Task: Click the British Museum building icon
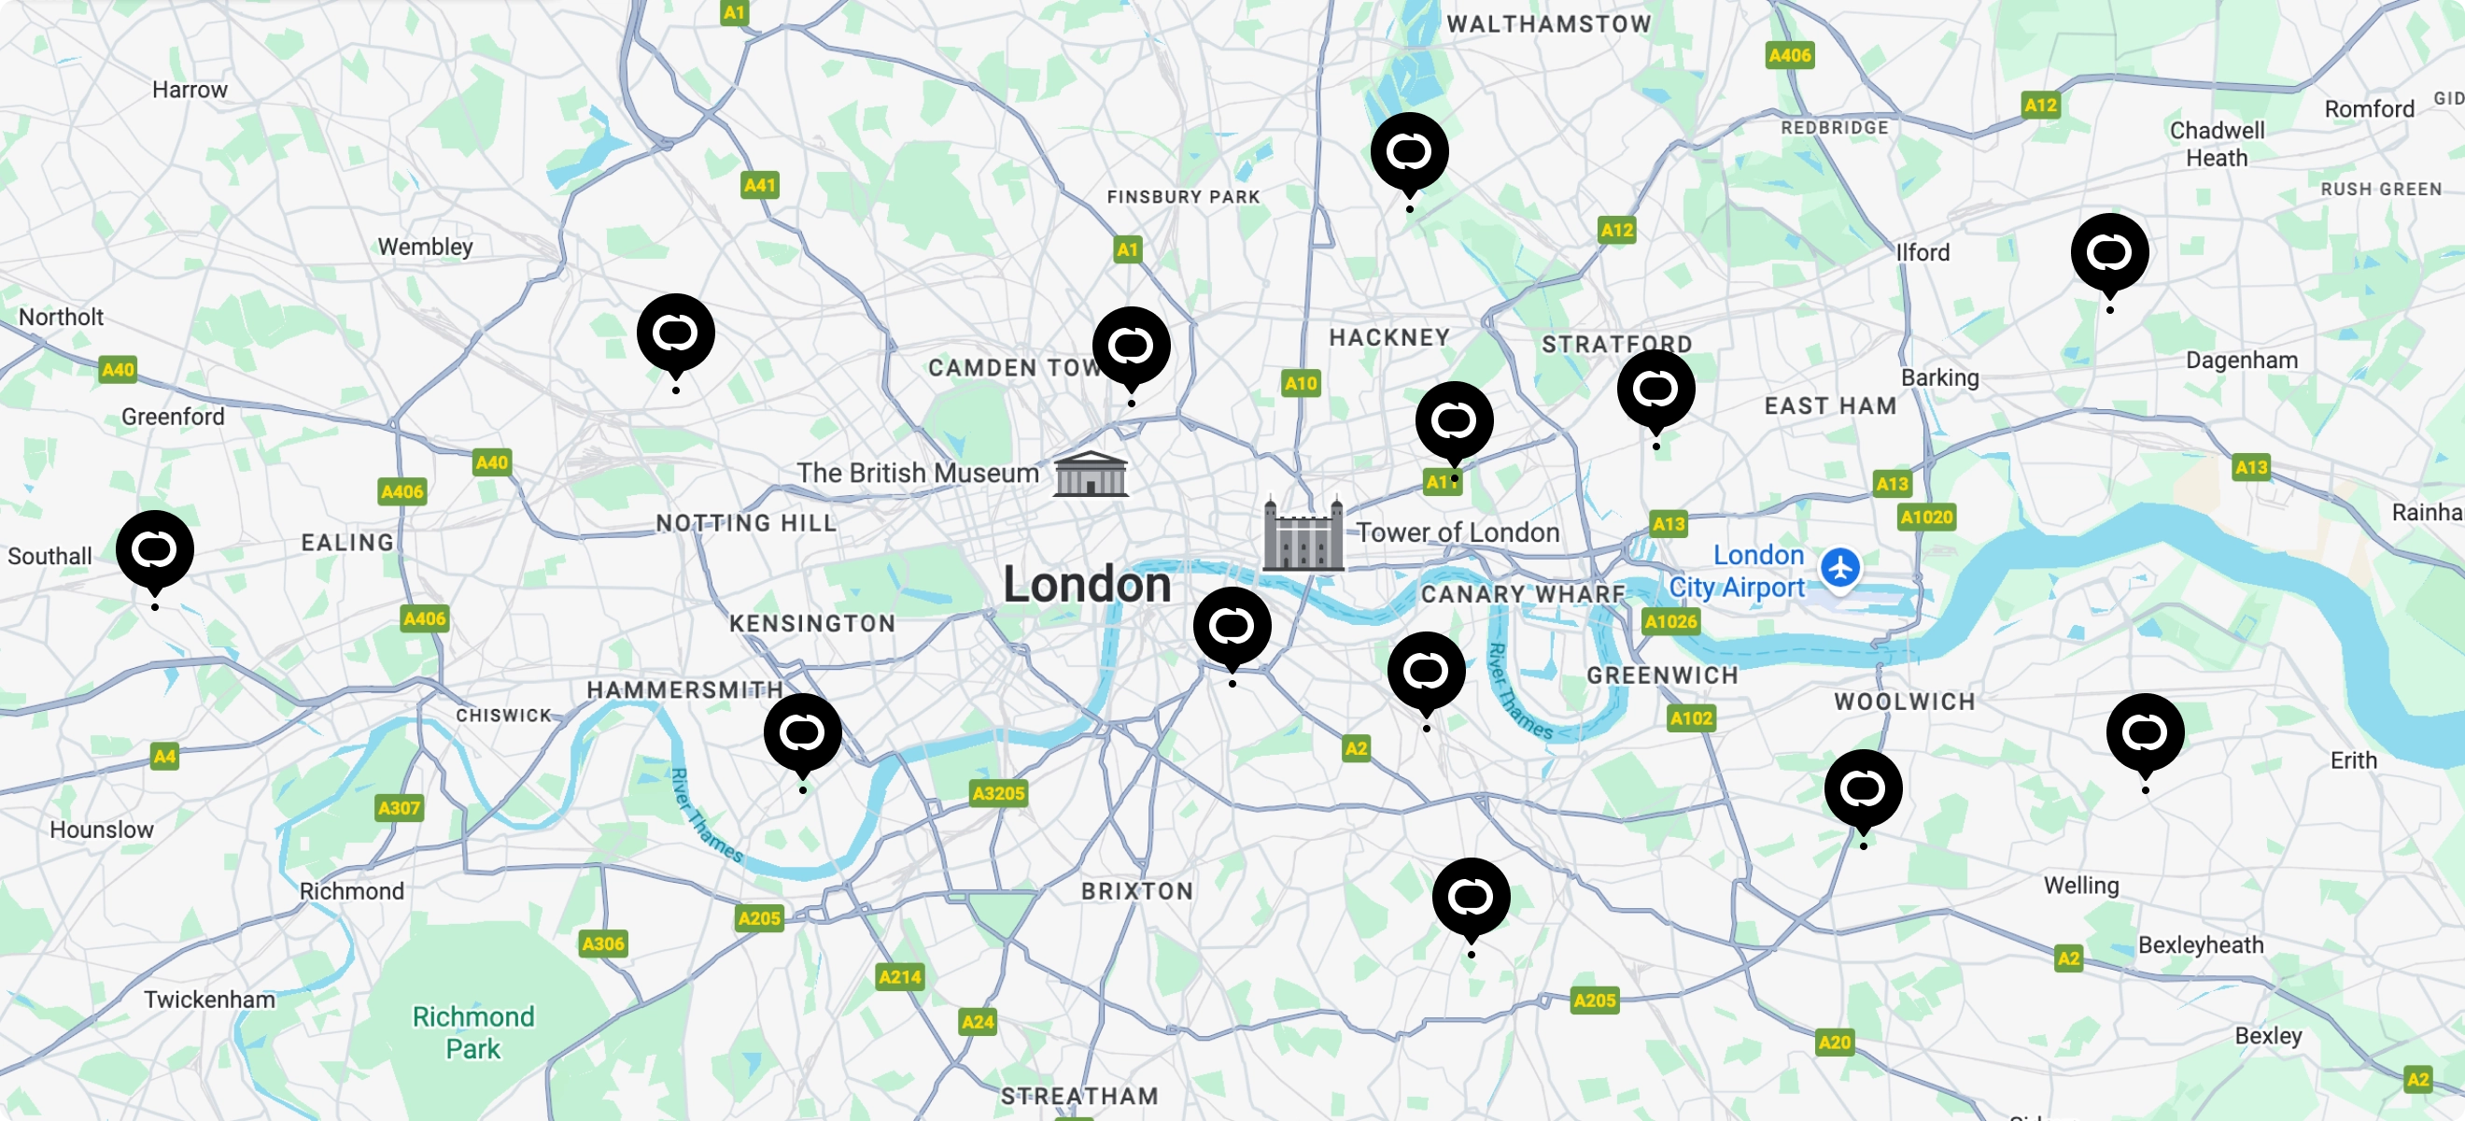tap(1090, 474)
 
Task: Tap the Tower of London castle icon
tap(1303, 534)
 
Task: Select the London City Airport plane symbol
tap(1839, 568)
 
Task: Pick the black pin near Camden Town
tap(1131, 346)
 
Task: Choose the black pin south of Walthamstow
tap(1409, 151)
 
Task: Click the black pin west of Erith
tap(2145, 732)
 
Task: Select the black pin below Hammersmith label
tap(802, 732)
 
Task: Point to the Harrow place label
tap(190, 90)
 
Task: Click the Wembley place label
tap(425, 247)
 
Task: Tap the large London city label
tap(1086, 584)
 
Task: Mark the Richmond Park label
tap(472, 1032)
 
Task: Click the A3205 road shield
tap(998, 793)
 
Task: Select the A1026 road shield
tap(1669, 621)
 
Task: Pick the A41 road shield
tap(760, 185)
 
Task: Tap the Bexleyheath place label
tap(2200, 944)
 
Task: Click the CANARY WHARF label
tap(1523, 594)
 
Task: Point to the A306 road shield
tap(603, 944)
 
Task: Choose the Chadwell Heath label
tap(2217, 144)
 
